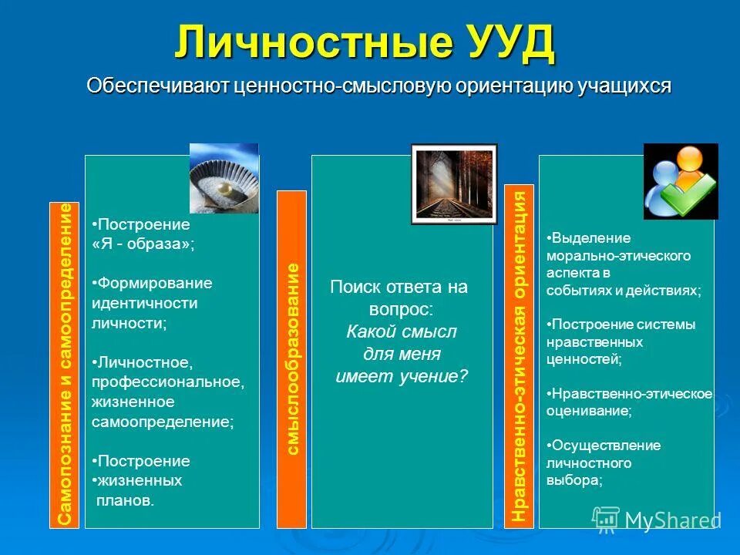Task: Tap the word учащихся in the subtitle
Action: coord(624,86)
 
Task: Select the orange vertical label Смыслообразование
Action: coord(291,358)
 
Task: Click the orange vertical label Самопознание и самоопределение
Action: coord(65,365)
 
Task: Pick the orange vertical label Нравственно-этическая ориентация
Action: coord(520,356)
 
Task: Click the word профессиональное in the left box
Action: coord(167,382)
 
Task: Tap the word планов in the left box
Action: coord(123,500)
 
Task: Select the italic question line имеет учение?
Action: coord(401,376)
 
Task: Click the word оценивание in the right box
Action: coord(588,412)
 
